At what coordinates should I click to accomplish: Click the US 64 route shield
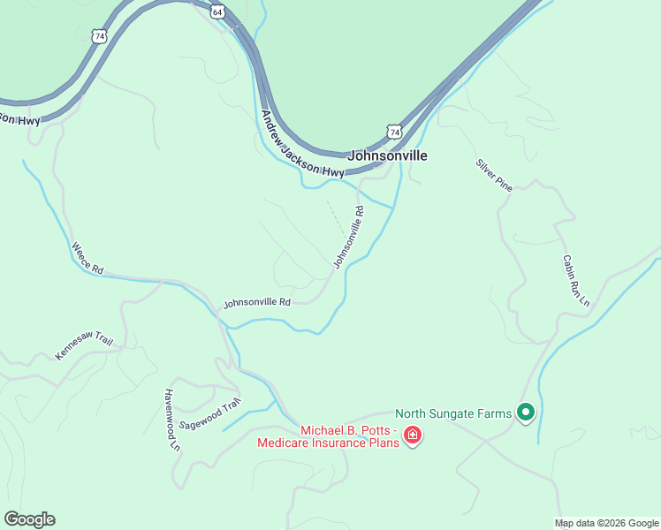click(x=217, y=11)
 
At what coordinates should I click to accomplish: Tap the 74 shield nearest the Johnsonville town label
click(x=394, y=132)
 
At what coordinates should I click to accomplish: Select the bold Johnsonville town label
click(x=388, y=155)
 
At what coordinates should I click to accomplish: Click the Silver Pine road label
click(x=494, y=176)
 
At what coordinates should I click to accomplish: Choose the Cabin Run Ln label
click(x=575, y=281)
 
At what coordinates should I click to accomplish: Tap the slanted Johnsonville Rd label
click(x=349, y=238)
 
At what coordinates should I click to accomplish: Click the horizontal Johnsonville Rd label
click(x=257, y=302)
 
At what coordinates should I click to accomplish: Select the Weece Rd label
click(x=87, y=257)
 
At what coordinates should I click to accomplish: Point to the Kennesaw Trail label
click(x=85, y=345)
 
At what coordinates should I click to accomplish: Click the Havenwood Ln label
click(x=171, y=420)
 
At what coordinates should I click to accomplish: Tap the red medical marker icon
click(x=412, y=435)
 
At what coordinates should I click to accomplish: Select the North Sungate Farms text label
click(x=453, y=413)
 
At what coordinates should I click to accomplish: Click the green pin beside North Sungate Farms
click(x=526, y=412)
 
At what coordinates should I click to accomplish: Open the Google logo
click(x=29, y=519)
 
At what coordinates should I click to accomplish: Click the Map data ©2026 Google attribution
click(x=607, y=523)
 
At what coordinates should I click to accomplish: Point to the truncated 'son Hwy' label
click(x=19, y=118)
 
